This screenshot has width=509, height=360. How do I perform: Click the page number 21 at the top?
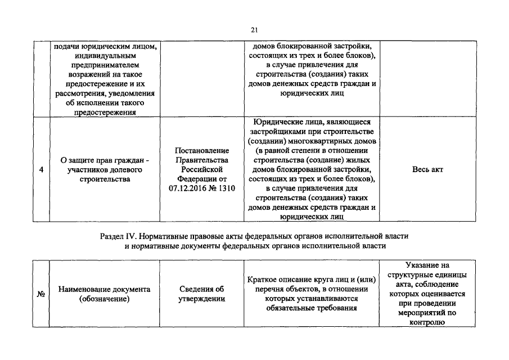point(254,30)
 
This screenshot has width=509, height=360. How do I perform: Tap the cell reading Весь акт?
point(427,169)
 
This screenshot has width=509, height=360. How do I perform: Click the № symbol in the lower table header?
point(41,294)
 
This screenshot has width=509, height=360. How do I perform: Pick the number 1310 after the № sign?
point(225,188)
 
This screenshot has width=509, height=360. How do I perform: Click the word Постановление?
point(202,150)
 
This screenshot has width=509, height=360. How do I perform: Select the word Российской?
point(202,169)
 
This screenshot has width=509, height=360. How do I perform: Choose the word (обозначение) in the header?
point(105,299)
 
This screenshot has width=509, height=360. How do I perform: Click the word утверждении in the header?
point(202,299)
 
